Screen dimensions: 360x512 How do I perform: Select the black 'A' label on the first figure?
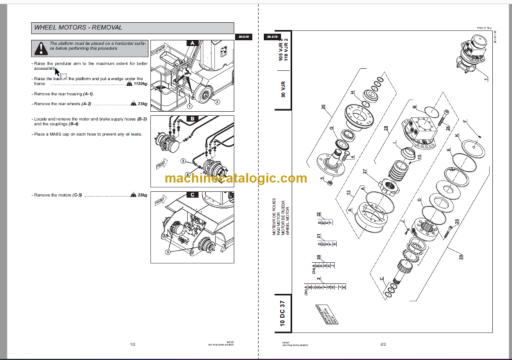click(x=192, y=42)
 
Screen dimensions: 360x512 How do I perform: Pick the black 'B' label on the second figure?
click(x=192, y=120)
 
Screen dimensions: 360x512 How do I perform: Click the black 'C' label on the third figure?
click(x=192, y=195)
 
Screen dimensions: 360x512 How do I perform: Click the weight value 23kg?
click(x=142, y=103)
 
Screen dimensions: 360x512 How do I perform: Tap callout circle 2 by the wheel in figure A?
click(x=217, y=101)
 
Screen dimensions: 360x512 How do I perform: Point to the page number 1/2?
click(x=133, y=344)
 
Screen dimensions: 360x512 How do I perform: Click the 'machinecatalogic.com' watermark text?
click(x=236, y=178)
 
